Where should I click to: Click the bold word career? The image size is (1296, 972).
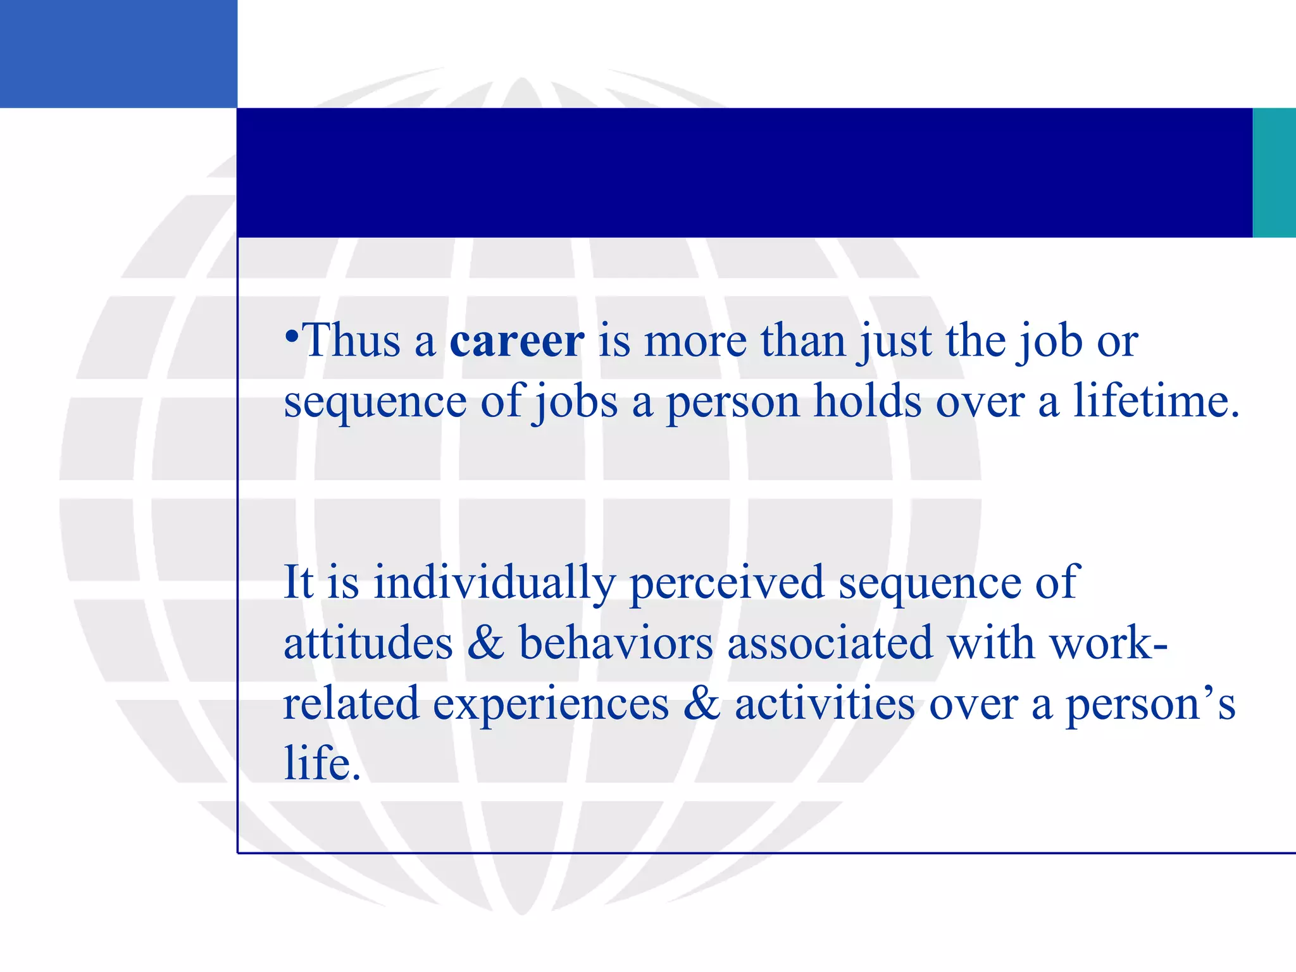coord(516,342)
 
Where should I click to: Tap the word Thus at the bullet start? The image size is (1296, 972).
coord(352,342)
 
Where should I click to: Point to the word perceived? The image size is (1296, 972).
coord(726,582)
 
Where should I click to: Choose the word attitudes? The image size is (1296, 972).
coord(368,643)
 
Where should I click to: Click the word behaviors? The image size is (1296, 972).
coord(616,643)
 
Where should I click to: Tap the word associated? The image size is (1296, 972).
coord(830,643)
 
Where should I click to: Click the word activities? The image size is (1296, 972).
coord(824,704)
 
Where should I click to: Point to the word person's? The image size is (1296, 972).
coord(1150,704)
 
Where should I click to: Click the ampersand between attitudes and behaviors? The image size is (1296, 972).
coord(486,643)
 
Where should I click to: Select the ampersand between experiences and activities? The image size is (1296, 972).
coord(702,704)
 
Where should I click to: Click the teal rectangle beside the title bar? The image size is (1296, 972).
coord(1274,172)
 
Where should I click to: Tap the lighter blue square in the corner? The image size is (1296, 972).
coord(118,54)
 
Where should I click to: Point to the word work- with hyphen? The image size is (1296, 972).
coord(1108,643)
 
